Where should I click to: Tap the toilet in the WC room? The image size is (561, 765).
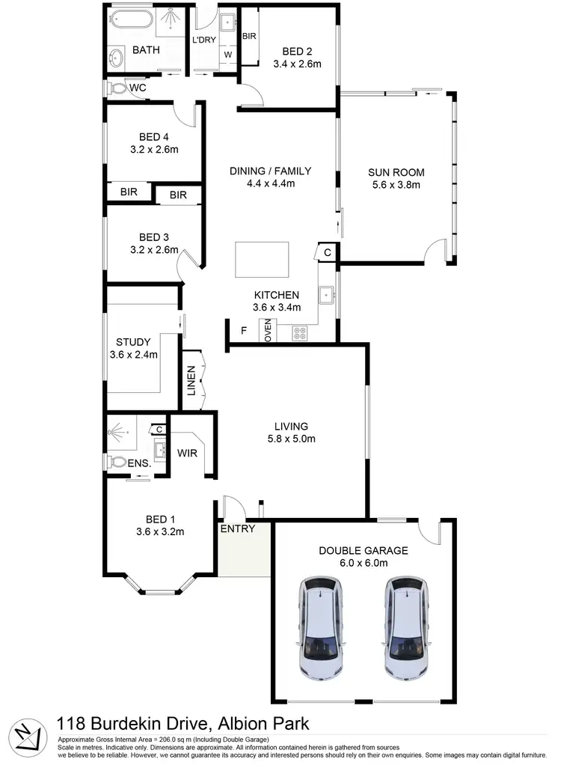pos(117,88)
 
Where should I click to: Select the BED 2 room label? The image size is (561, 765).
pos(297,52)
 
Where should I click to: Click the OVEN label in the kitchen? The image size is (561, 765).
pos(267,331)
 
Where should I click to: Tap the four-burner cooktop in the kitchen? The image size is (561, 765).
pos(300,333)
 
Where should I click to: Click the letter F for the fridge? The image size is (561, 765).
pos(243,330)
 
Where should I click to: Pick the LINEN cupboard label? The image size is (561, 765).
pos(191,380)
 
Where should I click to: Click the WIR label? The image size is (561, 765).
pos(187,452)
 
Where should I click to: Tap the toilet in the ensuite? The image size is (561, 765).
pos(117,462)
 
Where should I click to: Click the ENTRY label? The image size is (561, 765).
pos(238,528)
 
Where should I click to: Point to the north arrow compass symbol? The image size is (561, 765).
pos(26,736)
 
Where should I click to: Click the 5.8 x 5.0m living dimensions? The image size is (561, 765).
pos(292,439)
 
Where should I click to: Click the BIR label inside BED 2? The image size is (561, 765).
pos(250,35)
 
